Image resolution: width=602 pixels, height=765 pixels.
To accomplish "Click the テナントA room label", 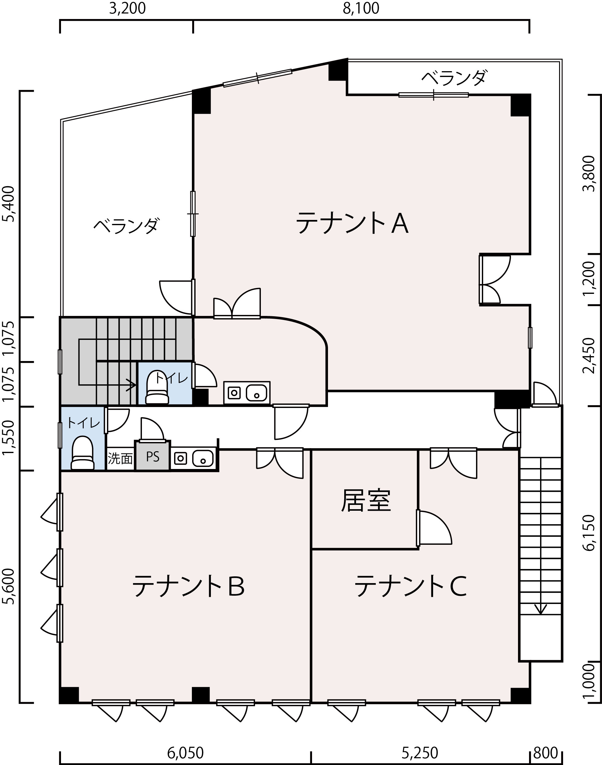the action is (352, 223).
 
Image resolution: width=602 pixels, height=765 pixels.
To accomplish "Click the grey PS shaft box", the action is (153, 456).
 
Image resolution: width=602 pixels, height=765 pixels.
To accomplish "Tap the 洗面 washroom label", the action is (120, 458).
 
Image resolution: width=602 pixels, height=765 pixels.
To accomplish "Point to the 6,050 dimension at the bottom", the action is (185, 750).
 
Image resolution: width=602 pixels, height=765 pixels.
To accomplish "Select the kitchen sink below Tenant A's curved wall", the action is (247, 393).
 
